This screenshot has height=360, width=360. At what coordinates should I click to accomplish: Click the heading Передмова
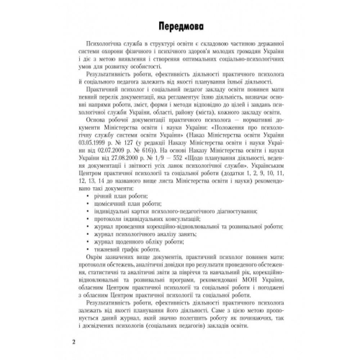180,27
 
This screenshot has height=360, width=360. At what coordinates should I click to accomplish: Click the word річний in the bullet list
102,195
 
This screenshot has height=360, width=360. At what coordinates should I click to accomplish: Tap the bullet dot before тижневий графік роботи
89,249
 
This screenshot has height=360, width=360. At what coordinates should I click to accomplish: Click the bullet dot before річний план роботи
89,196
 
